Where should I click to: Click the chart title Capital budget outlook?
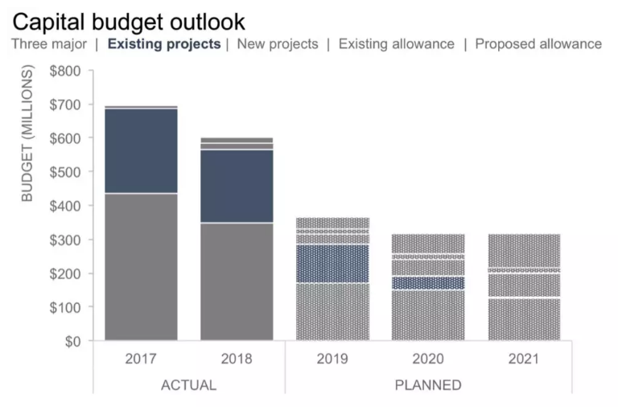coord(130,21)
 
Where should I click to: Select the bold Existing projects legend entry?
coord(163,44)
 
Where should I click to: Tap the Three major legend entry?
coord(48,44)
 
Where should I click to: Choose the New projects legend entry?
coord(278,44)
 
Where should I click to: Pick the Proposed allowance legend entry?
coord(538,44)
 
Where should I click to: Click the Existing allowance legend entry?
coord(396,44)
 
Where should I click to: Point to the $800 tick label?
coord(65,71)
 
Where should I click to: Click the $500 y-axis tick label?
coord(65,172)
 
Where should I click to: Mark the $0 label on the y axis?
coord(72,341)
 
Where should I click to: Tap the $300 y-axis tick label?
coord(65,240)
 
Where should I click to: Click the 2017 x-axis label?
coord(141,359)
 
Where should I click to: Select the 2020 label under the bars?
coord(427,359)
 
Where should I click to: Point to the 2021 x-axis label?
coord(524,359)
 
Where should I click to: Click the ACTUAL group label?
coord(189,384)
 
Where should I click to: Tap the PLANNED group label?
coord(428,384)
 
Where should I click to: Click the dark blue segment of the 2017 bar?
coord(141,151)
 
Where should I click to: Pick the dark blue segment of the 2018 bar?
coord(237,186)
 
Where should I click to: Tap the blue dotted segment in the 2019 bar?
coord(332,264)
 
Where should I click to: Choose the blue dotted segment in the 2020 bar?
coord(427,283)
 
